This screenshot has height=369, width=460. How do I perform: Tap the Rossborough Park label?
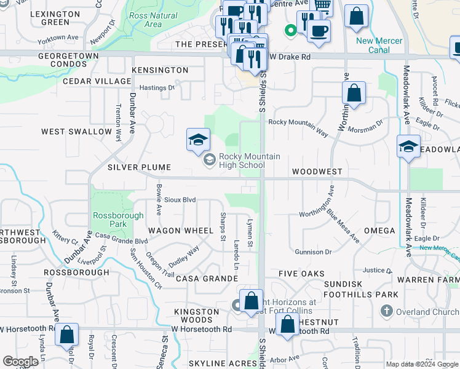point(118,220)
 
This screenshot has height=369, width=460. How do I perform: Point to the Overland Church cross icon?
point(387,311)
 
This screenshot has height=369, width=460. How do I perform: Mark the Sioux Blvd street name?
point(180,200)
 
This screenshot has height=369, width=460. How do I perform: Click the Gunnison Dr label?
point(313,252)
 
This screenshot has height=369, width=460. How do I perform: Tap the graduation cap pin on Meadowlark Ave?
point(408,146)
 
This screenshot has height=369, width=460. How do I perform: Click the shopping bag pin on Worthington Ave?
point(354,93)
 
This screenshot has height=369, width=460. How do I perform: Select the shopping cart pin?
point(322,6)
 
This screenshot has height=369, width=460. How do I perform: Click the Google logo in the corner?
point(20,362)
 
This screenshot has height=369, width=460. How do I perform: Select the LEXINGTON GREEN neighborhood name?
point(47,18)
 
